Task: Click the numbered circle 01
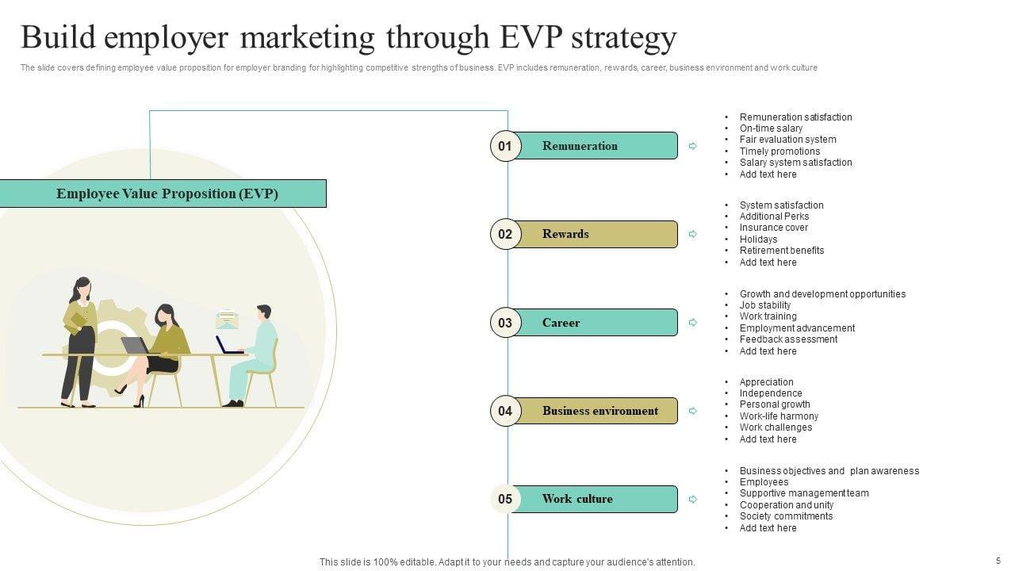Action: (505, 146)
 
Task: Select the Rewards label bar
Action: (595, 234)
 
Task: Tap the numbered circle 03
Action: (505, 323)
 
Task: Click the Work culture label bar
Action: (595, 499)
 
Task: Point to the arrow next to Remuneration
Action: (692, 146)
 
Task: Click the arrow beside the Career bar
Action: (692, 323)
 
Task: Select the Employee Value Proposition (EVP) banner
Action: (167, 194)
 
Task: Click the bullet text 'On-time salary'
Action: (771, 128)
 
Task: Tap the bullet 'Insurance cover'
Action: (773, 228)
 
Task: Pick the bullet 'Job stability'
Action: (764, 305)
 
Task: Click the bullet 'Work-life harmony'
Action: (779, 416)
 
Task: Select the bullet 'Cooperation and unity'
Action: (786, 505)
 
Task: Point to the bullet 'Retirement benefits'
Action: (781, 251)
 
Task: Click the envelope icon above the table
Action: (227, 319)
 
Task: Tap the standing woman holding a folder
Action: (80, 341)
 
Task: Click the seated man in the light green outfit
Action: (254, 353)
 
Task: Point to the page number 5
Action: (998, 560)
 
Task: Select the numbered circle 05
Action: (505, 499)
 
